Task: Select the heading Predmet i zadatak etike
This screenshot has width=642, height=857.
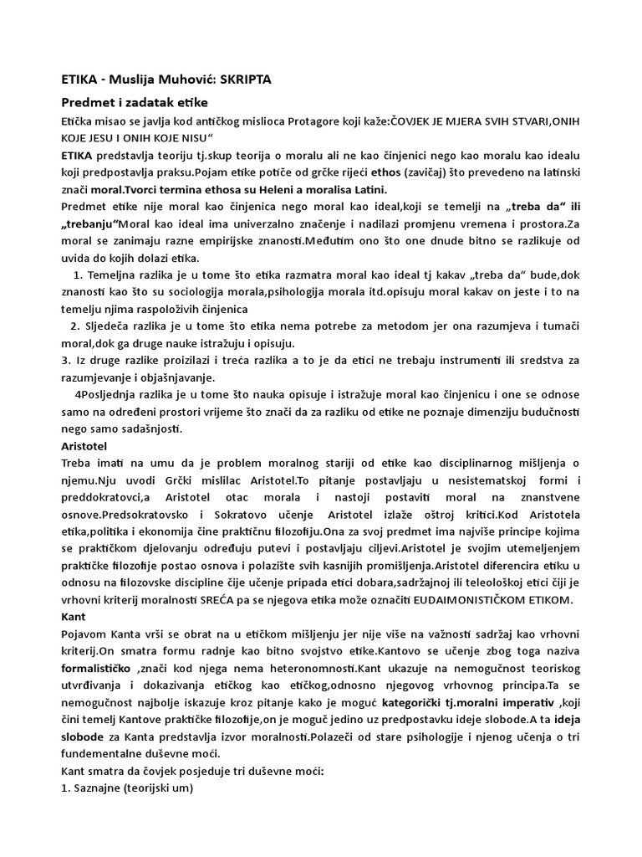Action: pyautogui.click(x=133, y=103)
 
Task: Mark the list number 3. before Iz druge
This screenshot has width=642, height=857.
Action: pyautogui.click(x=66, y=361)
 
